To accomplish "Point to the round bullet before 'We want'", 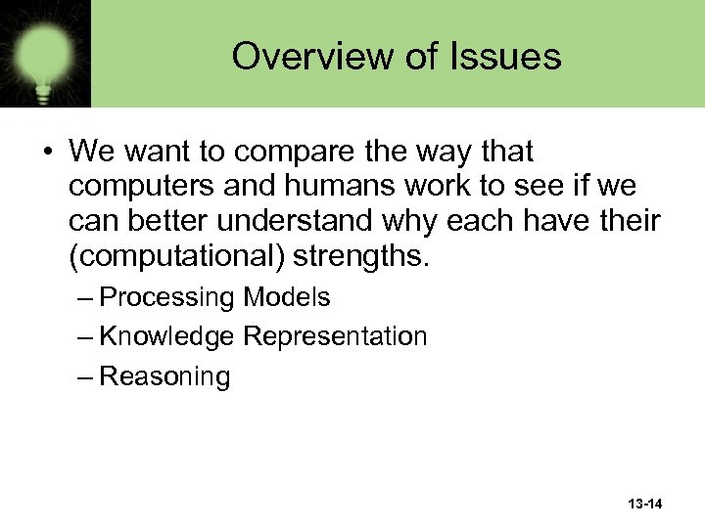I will [x=48, y=153].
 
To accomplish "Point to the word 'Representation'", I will [x=335, y=337].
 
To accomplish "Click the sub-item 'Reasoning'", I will [x=164, y=376].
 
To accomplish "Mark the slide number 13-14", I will [x=644, y=504].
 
